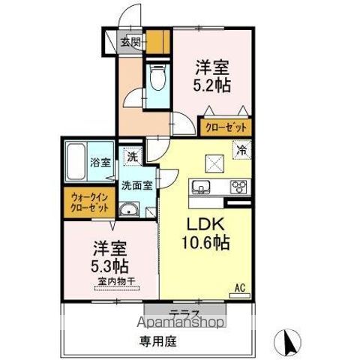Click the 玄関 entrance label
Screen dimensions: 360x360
point(130,42)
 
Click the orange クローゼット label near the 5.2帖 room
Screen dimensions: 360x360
point(225,127)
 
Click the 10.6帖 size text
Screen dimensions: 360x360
point(203,244)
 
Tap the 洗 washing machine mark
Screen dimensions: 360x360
point(131,157)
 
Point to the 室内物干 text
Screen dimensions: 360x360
point(115,283)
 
